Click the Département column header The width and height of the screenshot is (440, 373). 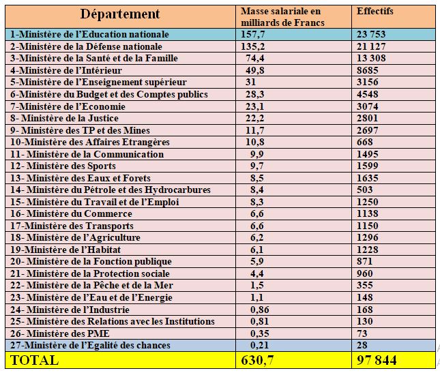pos(120,14)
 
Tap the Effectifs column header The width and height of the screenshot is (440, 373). pos(375,12)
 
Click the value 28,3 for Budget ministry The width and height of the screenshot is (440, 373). pos(251,94)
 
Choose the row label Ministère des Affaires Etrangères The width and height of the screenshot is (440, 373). pos(89,142)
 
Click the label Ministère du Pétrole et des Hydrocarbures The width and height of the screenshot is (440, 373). pos(111,190)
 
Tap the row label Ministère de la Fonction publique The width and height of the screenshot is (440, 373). pos(91,261)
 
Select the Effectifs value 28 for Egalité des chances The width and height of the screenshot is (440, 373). pos(363,345)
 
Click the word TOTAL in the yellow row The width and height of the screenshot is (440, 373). pos(33,359)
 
